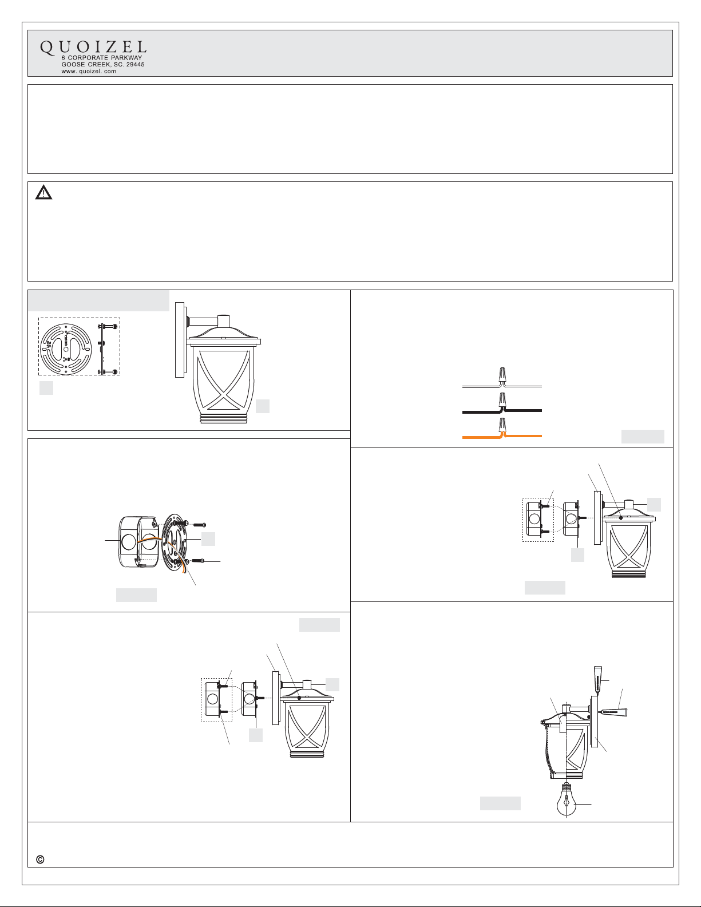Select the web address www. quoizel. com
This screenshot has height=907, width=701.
tap(89, 72)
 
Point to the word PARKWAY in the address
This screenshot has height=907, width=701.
tap(126, 58)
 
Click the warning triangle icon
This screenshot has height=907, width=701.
tap(43, 192)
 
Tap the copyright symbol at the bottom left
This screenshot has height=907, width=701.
tap(40, 860)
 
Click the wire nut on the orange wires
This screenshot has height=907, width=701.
tap(502, 425)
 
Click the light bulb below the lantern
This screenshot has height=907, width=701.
tap(566, 801)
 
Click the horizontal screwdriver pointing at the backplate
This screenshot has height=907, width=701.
tap(612, 712)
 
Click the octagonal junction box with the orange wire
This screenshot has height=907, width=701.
tap(140, 542)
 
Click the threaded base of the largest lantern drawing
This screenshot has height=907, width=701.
tap(224, 419)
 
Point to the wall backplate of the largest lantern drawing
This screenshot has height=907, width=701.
tap(180, 340)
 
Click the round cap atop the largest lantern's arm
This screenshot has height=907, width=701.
tap(224, 320)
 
